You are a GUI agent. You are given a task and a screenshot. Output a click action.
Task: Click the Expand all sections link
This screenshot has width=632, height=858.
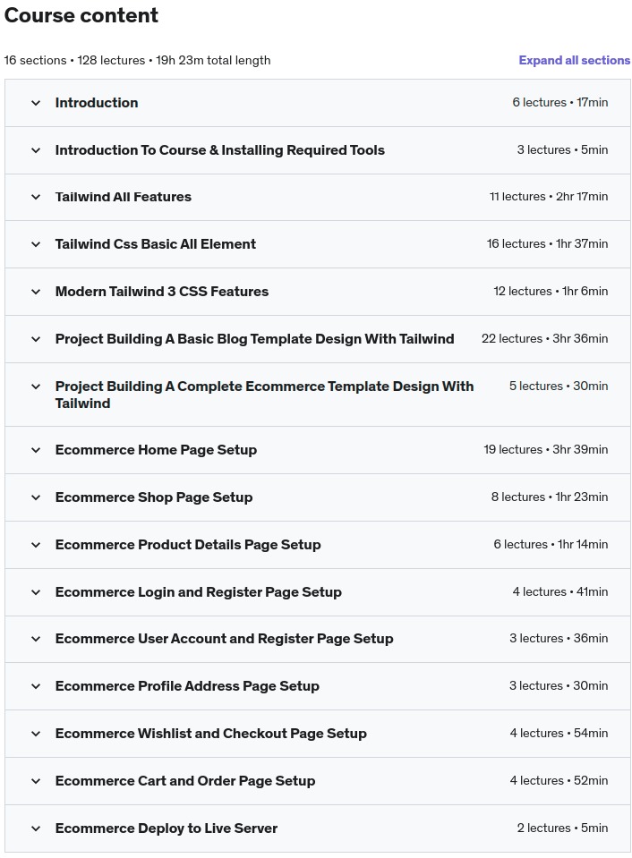574,60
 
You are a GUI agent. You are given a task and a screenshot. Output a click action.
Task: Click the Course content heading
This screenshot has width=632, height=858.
81,15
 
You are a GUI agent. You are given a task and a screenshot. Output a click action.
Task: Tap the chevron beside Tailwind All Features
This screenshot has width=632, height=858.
36,197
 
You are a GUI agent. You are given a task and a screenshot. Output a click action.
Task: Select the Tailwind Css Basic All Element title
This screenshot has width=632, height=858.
156,244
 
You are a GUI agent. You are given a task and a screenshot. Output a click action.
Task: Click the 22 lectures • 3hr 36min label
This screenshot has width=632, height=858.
544,339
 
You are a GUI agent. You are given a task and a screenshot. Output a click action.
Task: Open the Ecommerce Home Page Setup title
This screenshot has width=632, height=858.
156,450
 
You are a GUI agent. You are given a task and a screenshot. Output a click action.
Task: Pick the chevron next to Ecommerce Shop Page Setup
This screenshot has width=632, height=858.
36,497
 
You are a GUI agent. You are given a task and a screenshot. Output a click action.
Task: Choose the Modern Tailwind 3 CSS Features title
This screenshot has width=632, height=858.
162,292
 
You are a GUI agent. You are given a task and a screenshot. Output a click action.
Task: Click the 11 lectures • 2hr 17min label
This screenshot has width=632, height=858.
548,197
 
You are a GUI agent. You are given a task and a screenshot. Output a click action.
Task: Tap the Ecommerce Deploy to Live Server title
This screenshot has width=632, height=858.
167,828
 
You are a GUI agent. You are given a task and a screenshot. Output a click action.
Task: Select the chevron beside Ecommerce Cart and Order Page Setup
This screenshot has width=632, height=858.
36,781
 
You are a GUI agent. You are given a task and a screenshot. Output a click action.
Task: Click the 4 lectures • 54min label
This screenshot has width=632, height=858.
559,734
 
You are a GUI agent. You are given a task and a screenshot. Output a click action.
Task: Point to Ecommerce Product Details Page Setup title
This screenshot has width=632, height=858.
188,545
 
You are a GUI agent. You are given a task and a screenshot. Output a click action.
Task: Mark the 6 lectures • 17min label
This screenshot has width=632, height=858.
559,103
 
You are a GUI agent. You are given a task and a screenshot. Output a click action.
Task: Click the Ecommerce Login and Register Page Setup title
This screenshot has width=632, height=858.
199,592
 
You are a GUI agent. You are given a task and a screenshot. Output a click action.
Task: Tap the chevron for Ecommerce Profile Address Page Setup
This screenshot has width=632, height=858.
36,686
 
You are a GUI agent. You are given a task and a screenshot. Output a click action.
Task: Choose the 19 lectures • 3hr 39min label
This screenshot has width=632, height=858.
545,450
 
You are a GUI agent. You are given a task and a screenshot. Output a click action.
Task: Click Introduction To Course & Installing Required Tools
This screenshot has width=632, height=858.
220,150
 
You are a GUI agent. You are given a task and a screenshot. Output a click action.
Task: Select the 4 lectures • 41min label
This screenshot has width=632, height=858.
559,592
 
